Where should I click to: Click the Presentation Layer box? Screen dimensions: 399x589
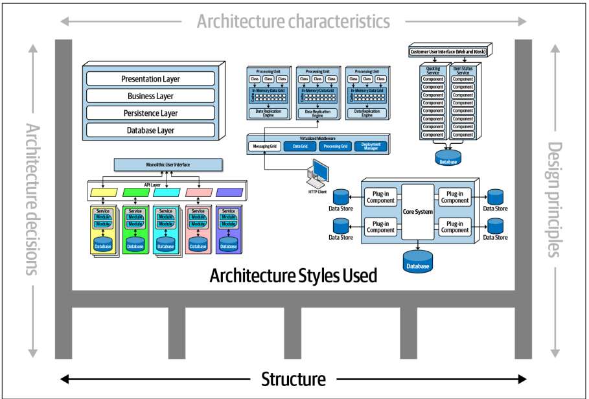150,79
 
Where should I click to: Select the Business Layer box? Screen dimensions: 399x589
150,96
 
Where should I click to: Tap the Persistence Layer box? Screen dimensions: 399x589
150,113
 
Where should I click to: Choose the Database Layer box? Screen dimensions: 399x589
150,130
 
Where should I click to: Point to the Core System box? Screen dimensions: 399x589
417,212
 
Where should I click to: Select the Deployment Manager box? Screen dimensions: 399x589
371,146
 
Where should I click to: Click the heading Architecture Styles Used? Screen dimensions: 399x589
294,275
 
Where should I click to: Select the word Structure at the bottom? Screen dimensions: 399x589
294,379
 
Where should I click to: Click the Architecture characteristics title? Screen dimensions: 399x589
294,21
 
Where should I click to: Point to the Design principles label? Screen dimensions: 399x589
555,199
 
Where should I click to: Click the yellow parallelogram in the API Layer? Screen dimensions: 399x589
103,192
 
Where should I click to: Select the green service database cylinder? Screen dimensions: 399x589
135,244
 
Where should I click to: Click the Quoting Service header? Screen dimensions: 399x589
433,70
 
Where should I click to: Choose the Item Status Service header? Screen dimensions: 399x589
463,70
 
